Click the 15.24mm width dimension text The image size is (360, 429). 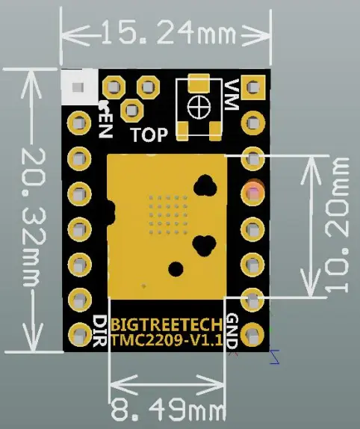(x=168, y=34)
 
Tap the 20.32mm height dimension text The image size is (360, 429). (x=34, y=217)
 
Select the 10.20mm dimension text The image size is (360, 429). (x=338, y=225)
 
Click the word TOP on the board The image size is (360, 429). (x=149, y=135)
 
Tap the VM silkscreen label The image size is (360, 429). (x=232, y=94)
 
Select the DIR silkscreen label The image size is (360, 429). (x=99, y=331)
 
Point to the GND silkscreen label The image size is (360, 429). (x=232, y=331)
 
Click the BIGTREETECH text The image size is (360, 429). (x=167, y=325)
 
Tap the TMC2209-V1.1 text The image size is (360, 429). (x=167, y=340)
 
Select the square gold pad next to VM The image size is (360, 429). (x=253, y=87)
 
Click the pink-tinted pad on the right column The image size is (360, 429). (x=253, y=193)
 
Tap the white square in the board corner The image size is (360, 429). (x=78, y=87)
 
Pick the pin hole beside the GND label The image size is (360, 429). (x=252, y=334)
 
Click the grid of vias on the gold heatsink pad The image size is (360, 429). (x=168, y=215)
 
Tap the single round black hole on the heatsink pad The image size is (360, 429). (x=176, y=269)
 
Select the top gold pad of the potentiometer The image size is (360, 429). (x=199, y=83)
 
